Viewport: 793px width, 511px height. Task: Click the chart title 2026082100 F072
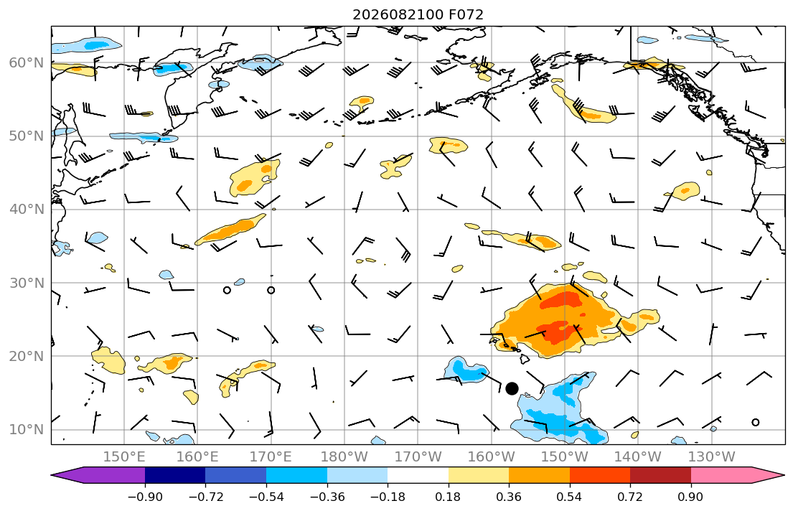coord(418,14)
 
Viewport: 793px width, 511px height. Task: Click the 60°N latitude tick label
coord(27,63)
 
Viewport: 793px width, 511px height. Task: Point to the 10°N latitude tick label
coord(27,430)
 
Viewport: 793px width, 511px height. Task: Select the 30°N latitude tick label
coord(27,283)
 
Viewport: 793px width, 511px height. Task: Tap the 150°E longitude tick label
coord(124,457)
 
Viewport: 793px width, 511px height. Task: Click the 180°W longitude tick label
coord(344,457)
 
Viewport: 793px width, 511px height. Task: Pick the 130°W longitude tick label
coord(712,457)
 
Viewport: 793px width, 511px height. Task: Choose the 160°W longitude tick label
coord(492,457)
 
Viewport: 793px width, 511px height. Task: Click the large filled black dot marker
coord(512,388)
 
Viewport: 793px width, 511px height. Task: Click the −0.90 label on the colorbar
coord(145,497)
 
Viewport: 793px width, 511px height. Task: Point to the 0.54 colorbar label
coord(570,497)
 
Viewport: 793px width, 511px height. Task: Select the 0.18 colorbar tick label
coord(448,497)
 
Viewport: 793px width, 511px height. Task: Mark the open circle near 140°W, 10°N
coord(756,423)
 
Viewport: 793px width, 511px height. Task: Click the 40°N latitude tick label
coord(27,210)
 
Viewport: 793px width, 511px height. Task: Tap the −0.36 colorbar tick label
coord(327,497)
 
